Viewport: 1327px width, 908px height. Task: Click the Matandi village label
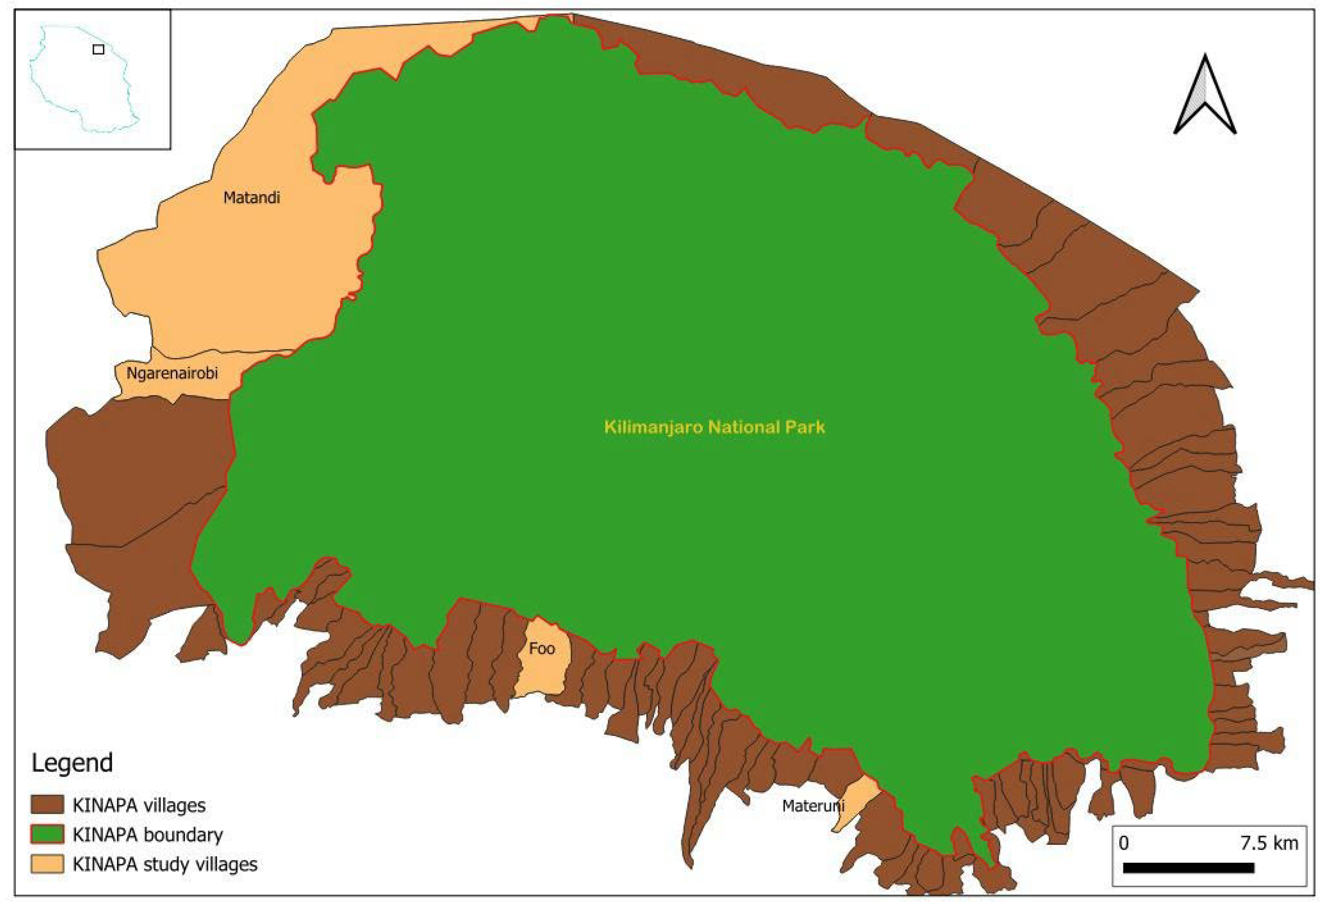pyautogui.click(x=251, y=198)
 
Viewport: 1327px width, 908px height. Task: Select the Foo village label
pyautogui.click(x=541, y=649)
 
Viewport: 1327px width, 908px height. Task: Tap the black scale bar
pyautogui.click(x=1188, y=868)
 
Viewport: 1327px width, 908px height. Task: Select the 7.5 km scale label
pyautogui.click(x=1269, y=843)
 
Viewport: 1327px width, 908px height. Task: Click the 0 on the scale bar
pyautogui.click(x=1124, y=843)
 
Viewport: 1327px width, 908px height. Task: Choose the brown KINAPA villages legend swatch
pyautogui.click(x=47, y=805)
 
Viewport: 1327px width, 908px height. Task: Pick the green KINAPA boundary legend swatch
pyautogui.click(x=47, y=834)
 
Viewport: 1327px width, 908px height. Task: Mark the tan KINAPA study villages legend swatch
pyautogui.click(x=47, y=864)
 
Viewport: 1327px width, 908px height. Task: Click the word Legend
pyautogui.click(x=72, y=763)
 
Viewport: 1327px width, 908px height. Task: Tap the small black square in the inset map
pyautogui.click(x=98, y=49)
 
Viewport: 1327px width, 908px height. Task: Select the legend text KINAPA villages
pyautogui.click(x=139, y=805)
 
